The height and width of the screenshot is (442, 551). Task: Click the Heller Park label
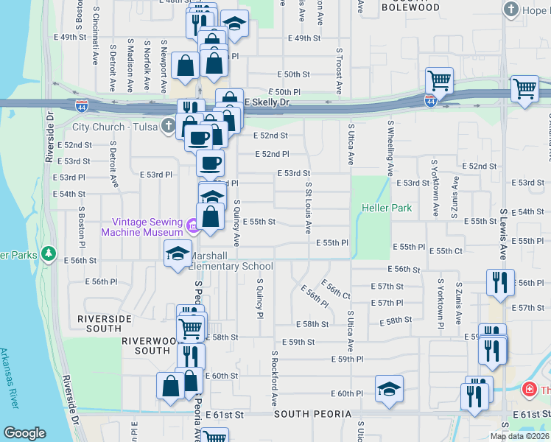[x=387, y=208]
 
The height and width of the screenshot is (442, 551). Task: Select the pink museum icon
[x=192, y=225]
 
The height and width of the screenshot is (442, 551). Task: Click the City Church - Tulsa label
[x=114, y=127]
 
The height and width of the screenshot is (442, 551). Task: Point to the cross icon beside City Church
[x=169, y=126]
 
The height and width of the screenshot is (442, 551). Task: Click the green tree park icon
[x=49, y=254]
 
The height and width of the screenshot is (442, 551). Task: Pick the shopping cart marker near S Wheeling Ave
[x=439, y=79]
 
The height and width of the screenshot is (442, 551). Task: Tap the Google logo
[x=24, y=433]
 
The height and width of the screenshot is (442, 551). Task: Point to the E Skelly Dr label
[x=264, y=102]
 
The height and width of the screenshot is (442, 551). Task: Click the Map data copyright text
[x=520, y=436]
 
